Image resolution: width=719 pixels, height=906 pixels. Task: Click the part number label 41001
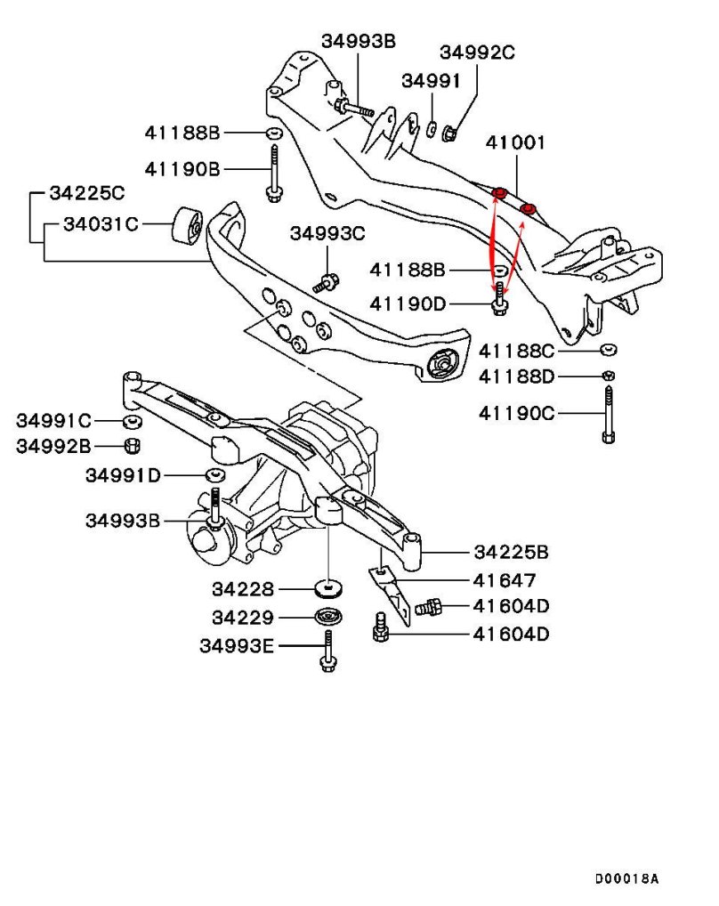[516, 142]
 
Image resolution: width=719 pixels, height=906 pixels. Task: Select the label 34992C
[477, 53]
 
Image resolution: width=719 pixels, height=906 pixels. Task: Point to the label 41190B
[182, 168]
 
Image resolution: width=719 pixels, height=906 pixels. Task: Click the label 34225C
[86, 191]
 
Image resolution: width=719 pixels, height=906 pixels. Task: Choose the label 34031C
[101, 223]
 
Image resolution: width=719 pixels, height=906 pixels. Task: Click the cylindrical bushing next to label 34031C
[187, 225]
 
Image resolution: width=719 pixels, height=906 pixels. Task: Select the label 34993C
[327, 234]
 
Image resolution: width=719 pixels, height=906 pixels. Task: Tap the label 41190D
[408, 303]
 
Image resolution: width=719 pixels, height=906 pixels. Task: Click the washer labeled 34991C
[130, 420]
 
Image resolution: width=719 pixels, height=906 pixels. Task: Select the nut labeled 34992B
[130, 446]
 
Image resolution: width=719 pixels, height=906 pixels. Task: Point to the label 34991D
[124, 475]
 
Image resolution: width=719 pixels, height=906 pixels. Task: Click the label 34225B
[510, 553]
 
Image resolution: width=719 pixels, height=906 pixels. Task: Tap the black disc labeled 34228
[330, 589]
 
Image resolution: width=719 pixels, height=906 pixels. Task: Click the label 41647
[505, 580]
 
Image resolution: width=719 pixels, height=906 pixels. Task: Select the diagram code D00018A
[626, 878]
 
